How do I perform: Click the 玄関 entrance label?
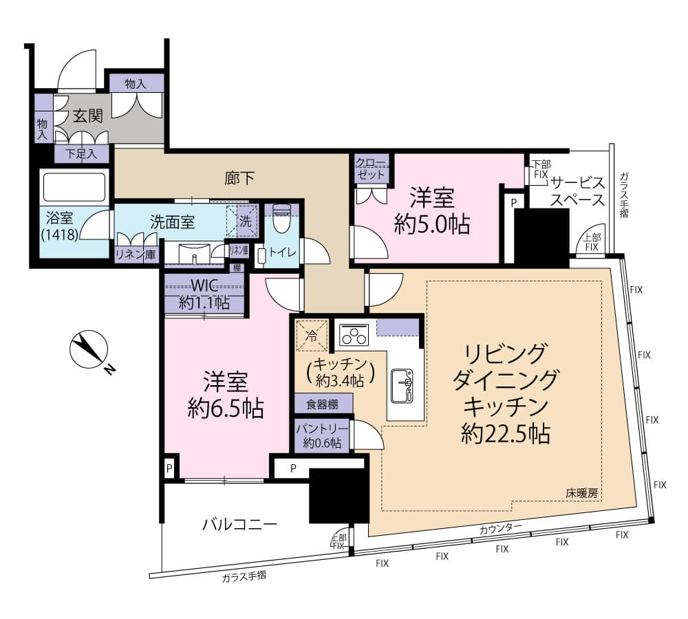[x=88, y=116]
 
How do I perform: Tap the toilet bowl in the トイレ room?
[x=281, y=219]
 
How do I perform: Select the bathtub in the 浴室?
[x=74, y=187]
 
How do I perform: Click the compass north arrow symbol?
[x=89, y=348]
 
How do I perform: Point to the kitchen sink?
[x=402, y=386]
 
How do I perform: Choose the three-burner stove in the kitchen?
[x=354, y=335]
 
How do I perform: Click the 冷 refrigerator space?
[x=312, y=336]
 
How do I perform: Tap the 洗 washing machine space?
[x=245, y=221]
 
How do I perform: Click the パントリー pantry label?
[x=322, y=435]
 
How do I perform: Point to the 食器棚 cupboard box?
[x=323, y=404]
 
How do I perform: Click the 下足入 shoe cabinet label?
[x=81, y=154]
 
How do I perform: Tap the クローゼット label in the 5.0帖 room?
[x=371, y=169]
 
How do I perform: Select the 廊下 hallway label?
[x=239, y=177]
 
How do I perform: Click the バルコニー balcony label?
[x=239, y=524]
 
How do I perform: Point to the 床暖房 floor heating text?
[x=581, y=493]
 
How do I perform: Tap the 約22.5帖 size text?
[x=506, y=433]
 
